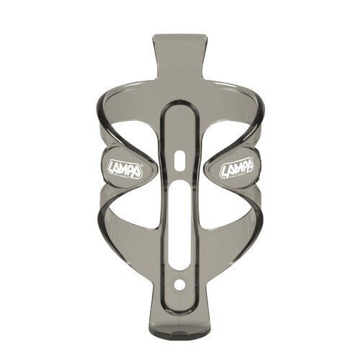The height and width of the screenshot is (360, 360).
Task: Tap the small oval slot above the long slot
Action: [x=180, y=158]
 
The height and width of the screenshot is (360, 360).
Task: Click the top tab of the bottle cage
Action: [x=180, y=58]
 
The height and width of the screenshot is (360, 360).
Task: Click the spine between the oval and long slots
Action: [x=180, y=173]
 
